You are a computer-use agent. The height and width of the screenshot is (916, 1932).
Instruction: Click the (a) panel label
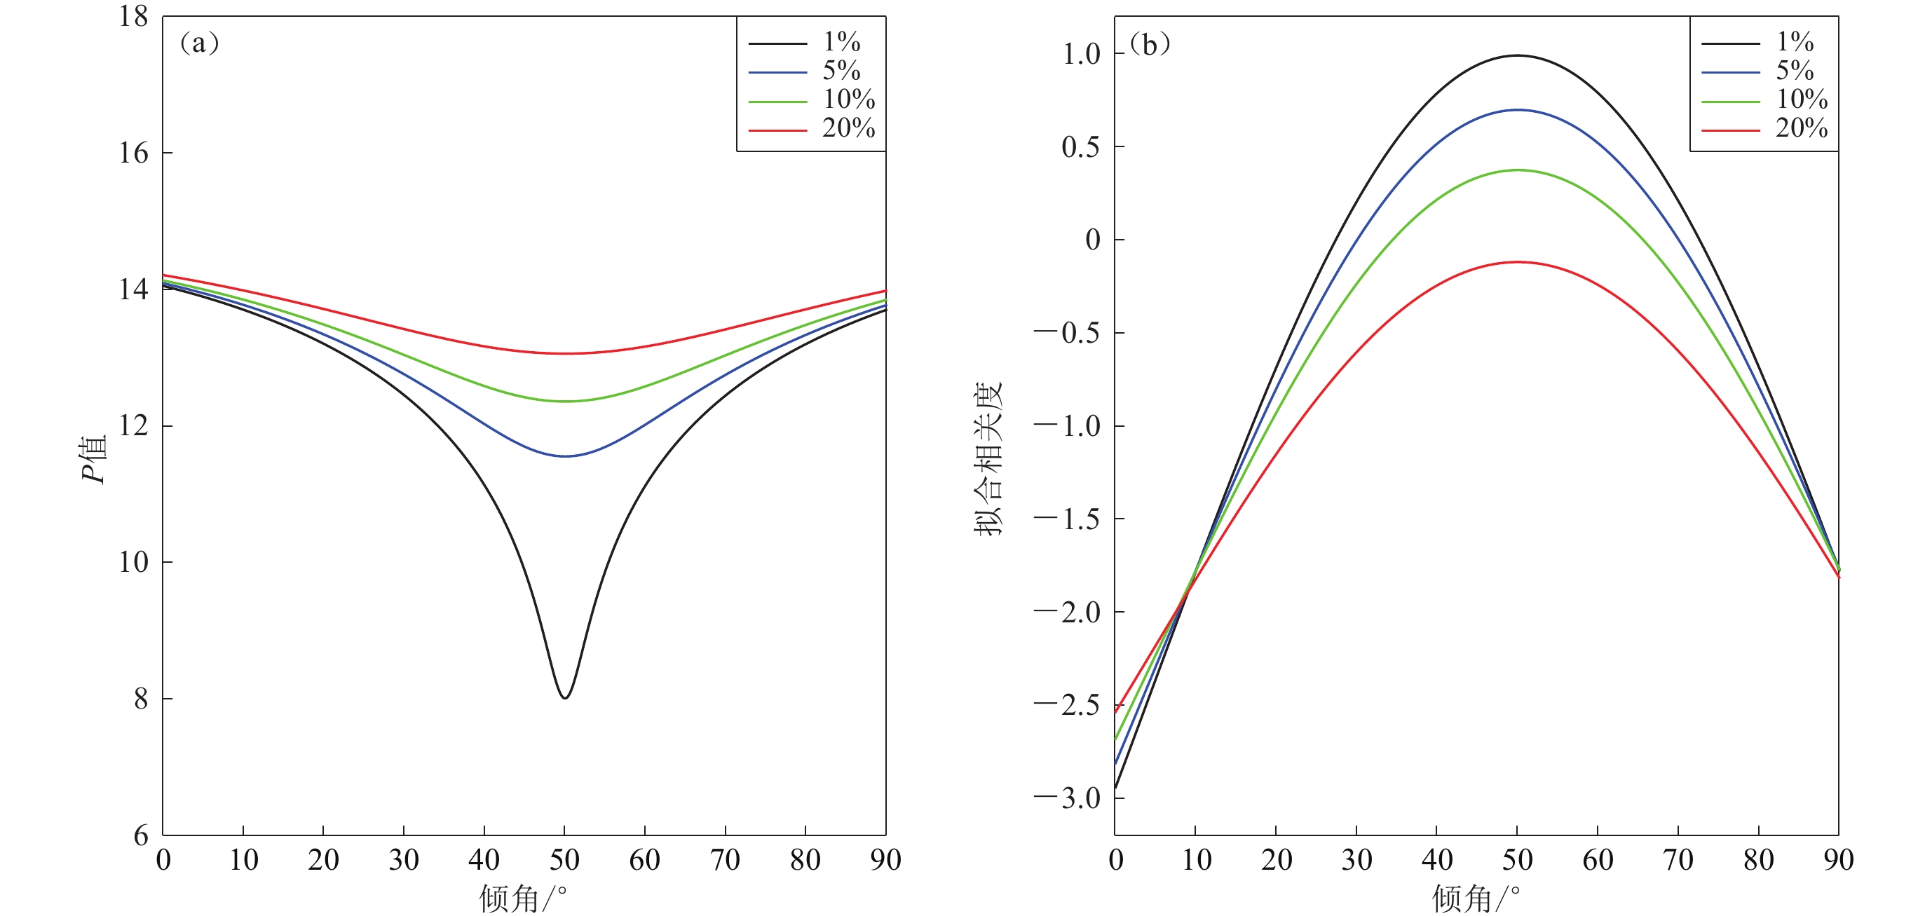pyautogui.click(x=199, y=43)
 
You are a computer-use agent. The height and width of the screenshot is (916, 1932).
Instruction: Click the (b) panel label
pyautogui.click(x=1149, y=45)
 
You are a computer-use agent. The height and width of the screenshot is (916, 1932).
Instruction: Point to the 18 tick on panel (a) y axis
pyautogui.click(x=133, y=17)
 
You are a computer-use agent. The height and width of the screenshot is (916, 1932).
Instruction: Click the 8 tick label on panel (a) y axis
pyautogui.click(x=141, y=699)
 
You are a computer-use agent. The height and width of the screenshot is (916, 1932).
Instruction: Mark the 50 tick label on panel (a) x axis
pyautogui.click(x=564, y=860)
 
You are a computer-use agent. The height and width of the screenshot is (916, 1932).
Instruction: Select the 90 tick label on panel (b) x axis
pyautogui.click(x=1838, y=860)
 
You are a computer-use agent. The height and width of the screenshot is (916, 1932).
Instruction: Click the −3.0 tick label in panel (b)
pyautogui.click(x=1066, y=798)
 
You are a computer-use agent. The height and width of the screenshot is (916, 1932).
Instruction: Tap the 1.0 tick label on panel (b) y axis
pyautogui.click(x=1081, y=54)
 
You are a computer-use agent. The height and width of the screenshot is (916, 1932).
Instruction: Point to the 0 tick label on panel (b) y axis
pyautogui.click(x=1093, y=240)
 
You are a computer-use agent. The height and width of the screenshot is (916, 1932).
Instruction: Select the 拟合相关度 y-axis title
pyautogui.click(x=988, y=459)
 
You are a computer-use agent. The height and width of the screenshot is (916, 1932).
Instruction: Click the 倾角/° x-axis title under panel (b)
pyautogui.click(x=1475, y=898)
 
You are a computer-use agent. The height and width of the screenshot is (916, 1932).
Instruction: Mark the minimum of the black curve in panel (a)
pyautogui.click(x=565, y=698)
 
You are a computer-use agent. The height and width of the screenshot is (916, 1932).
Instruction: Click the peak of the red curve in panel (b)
pyautogui.click(x=1517, y=262)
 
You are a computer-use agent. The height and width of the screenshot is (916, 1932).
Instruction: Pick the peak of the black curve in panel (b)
pyautogui.click(x=1517, y=55)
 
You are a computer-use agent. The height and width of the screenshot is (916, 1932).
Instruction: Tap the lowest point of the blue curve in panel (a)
pyautogui.click(x=565, y=456)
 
